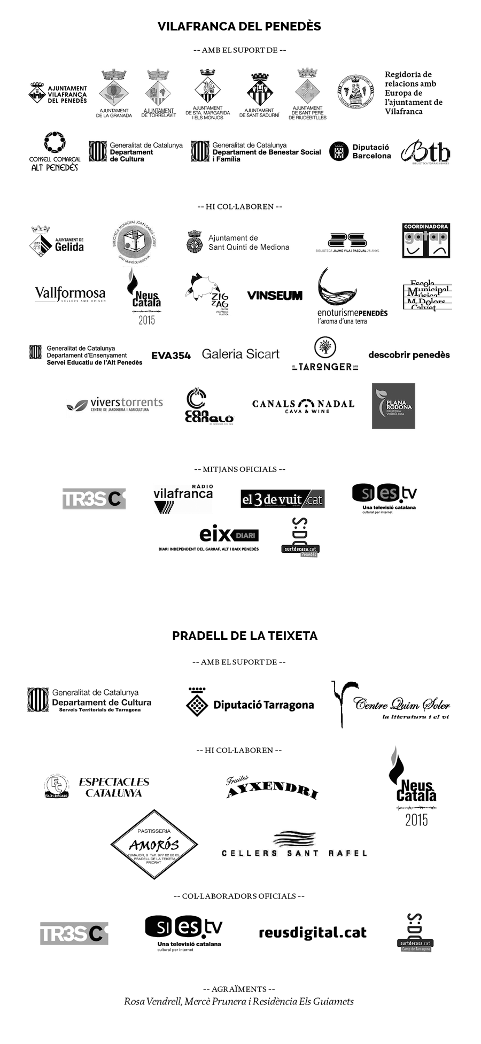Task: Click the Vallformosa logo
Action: tap(70, 294)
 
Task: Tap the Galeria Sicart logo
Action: tap(241, 354)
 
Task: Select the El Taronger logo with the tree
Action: tap(325, 353)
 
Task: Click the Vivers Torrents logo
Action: tap(115, 406)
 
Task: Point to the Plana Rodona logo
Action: tap(393, 405)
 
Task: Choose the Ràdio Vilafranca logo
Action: tap(183, 498)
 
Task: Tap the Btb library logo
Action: tap(424, 152)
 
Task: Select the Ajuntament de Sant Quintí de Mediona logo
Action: tap(238, 242)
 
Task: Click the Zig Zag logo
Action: tap(206, 296)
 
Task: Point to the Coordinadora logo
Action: tap(426, 241)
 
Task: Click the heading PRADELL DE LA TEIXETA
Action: tap(245, 636)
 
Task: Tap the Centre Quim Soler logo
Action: tap(391, 705)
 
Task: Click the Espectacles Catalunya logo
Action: tap(97, 786)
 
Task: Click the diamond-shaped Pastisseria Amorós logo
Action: tap(154, 844)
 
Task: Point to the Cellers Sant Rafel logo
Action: tap(294, 845)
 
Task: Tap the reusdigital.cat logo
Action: tap(313, 933)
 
